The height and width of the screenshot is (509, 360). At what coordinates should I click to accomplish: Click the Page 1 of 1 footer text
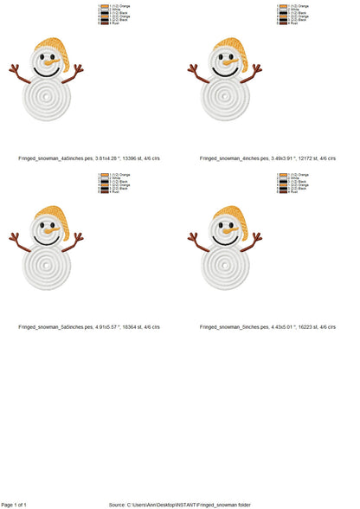[x=15, y=504]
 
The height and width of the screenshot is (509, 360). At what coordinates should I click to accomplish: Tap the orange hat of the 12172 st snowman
[x=228, y=47]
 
